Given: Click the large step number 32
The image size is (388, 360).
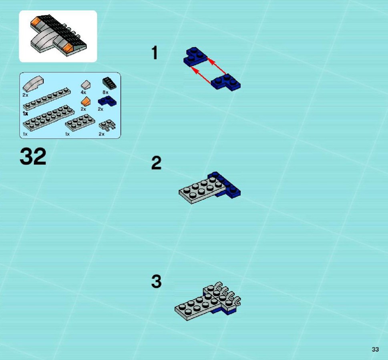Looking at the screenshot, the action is click(x=33, y=156).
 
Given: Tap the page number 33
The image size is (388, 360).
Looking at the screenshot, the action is click(x=375, y=349).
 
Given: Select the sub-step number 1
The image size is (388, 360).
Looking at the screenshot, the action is click(x=155, y=53).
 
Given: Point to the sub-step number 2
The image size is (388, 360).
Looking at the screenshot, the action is click(x=157, y=163).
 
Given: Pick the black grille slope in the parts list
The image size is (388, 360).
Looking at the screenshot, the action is click(x=109, y=83).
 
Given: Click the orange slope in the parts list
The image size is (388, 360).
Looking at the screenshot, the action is click(x=86, y=102).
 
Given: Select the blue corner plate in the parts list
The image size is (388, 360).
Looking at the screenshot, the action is click(x=107, y=101).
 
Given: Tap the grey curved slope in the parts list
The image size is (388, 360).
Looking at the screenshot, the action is click(x=33, y=84).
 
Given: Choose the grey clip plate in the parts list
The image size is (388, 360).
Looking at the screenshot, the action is click(x=107, y=125).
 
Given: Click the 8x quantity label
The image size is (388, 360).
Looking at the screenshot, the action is click(x=105, y=92).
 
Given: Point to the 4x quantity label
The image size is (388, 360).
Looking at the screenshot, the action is click(x=83, y=92).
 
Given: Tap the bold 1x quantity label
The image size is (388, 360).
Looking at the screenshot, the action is click(x=25, y=114).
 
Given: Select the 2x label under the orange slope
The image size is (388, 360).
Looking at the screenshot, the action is click(x=83, y=109).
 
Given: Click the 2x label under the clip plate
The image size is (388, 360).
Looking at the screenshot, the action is click(x=101, y=134).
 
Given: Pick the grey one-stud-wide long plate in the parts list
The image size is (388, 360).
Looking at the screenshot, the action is click(x=47, y=99).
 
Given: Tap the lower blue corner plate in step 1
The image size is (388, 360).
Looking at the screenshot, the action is click(x=226, y=82).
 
